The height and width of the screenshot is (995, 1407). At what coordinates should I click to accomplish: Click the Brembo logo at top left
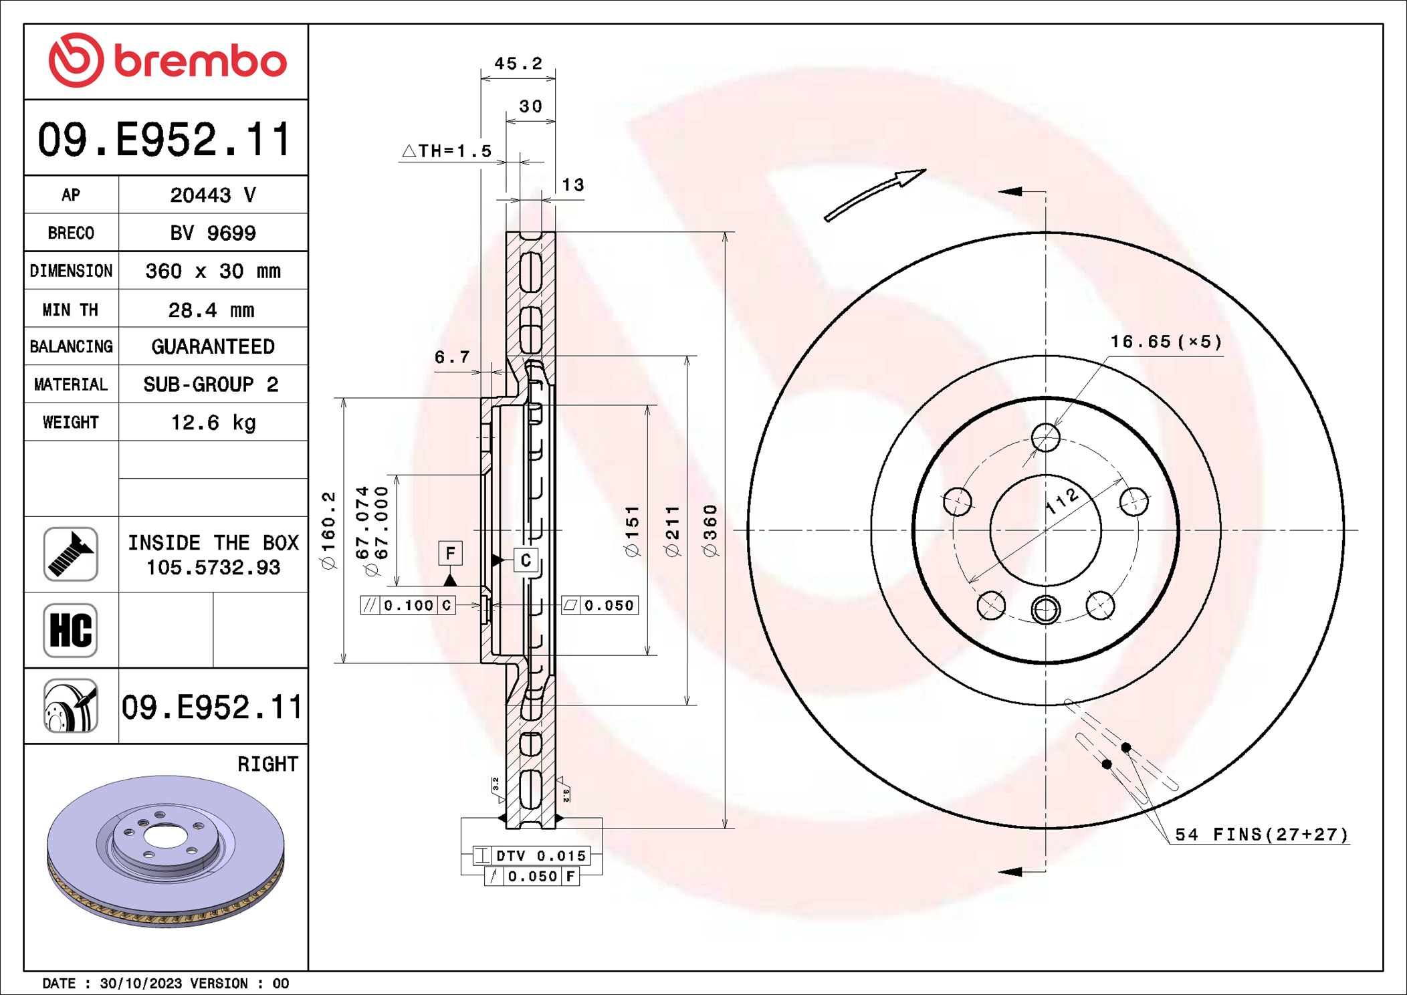click(x=167, y=60)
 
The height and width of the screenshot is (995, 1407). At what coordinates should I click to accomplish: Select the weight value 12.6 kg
click(x=213, y=423)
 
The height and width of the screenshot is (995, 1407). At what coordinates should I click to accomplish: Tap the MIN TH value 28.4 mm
click(x=211, y=310)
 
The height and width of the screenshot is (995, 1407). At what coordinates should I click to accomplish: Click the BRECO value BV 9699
click(x=213, y=233)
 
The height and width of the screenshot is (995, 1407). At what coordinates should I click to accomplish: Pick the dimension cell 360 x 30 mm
click(x=213, y=271)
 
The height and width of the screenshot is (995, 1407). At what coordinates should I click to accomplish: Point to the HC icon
click(x=71, y=630)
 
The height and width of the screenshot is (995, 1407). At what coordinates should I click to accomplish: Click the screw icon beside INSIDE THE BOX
click(x=71, y=554)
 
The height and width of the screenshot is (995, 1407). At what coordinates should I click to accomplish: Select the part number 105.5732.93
click(x=213, y=568)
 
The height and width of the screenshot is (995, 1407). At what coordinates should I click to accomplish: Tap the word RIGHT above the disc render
click(x=267, y=764)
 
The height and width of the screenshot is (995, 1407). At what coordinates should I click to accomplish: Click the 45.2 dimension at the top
click(x=518, y=64)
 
